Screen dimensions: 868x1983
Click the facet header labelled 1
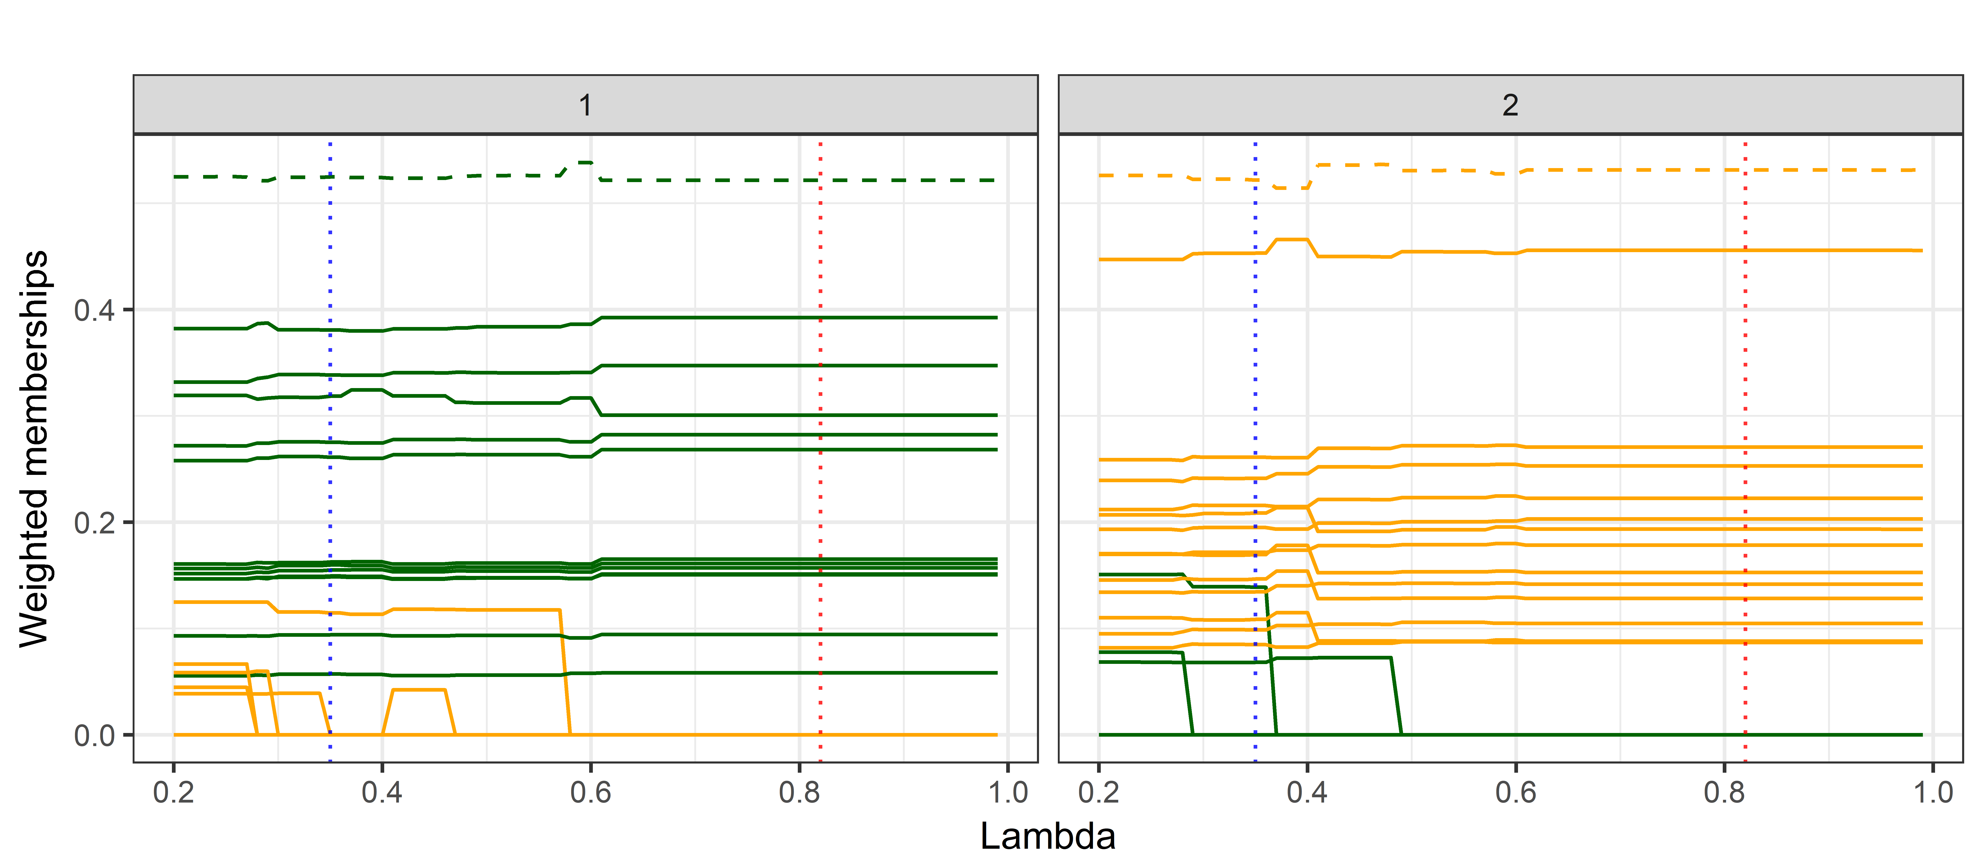coord(585,105)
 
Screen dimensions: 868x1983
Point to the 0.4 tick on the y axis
coord(94,310)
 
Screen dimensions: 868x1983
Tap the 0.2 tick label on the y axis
coord(94,523)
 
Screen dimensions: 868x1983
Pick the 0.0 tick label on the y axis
coord(94,736)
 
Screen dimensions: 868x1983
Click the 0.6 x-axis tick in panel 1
coord(591,792)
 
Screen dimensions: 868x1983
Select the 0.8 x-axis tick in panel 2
coord(1724,792)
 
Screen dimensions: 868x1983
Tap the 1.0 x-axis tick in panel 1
coord(1008,792)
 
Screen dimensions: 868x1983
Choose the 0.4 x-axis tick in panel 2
coord(1307,792)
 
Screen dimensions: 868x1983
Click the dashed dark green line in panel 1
coord(693,180)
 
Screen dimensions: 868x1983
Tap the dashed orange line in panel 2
coord(1616,169)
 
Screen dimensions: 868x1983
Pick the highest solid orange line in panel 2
coord(1616,250)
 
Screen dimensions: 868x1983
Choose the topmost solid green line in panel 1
coord(770,317)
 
